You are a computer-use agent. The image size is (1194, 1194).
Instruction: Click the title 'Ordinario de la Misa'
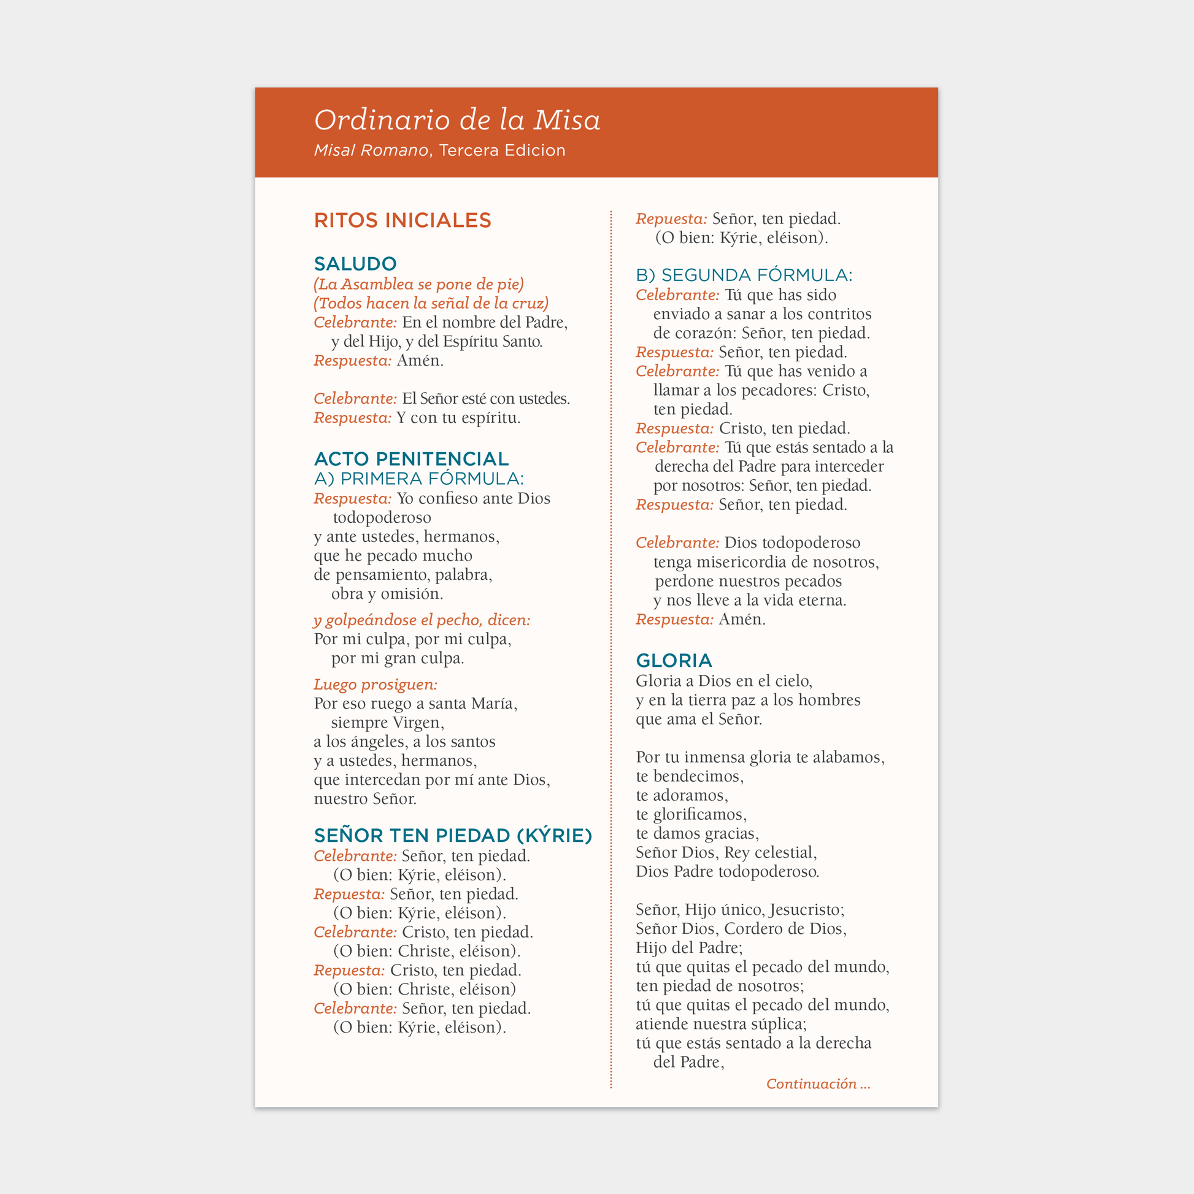[x=456, y=120]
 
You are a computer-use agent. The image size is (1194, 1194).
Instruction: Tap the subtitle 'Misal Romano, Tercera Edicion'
[x=439, y=150]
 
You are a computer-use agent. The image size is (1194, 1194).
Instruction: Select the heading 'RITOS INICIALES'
[x=402, y=221]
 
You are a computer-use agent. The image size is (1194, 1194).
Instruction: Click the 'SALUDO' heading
[x=355, y=264]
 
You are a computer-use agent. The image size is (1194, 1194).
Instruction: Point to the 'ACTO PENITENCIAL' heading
[x=411, y=458]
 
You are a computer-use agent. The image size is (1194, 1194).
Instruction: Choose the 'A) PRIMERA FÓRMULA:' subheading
[x=418, y=479]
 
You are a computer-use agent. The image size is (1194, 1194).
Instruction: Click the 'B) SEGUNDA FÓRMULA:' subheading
[x=744, y=275]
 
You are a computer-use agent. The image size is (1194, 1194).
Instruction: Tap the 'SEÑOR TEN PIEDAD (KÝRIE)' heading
[x=453, y=836]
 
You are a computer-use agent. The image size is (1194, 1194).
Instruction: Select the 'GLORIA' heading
[x=674, y=661]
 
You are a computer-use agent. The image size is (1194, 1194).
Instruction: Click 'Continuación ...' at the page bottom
[x=818, y=1084]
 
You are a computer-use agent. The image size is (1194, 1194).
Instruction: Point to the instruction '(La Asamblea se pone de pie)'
[x=418, y=284]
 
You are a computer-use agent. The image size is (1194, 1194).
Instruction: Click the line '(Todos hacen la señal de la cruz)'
[x=431, y=304]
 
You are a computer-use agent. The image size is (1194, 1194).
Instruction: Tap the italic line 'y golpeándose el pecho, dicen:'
[x=422, y=620]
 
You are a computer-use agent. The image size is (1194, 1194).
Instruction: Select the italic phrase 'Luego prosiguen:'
[x=375, y=684]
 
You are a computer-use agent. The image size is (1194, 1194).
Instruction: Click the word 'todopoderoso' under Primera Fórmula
[x=382, y=517]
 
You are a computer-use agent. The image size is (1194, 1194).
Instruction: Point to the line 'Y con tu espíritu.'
[x=458, y=418]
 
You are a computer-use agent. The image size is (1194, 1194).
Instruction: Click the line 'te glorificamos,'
[x=691, y=814]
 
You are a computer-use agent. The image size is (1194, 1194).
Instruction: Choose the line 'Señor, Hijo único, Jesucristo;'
[x=740, y=909]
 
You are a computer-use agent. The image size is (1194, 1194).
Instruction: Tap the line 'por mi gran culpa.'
[x=398, y=658]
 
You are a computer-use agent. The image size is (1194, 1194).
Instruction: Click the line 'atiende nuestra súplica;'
[x=720, y=1023]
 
